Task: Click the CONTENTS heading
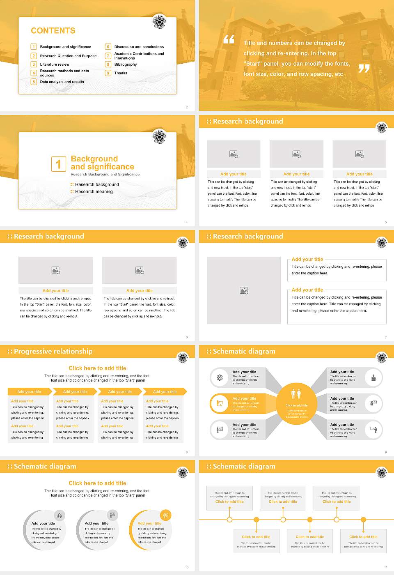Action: pyautogui.click(x=53, y=31)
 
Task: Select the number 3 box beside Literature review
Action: pyautogui.click(x=34, y=64)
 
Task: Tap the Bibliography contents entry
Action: pyautogui.click(x=126, y=64)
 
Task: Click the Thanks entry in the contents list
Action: pyautogui.click(x=121, y=73)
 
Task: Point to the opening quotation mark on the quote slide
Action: pyautogui.click(x=229, y=39)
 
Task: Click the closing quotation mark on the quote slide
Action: pyautogui.click(x=364, y=69)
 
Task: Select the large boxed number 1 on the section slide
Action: pyautogui.click(x=58, y=164)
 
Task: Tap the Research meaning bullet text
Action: pyautogui.click(x=94, y=192)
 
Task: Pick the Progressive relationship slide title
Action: pyautogui.click(x=53, y=352)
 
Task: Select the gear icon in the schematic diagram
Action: pyautogui.click(x=220, y=377)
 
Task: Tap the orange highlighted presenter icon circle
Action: pyautogui.click(x=220, y=404)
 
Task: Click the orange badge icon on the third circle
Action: pyautogui.click(x=165, y=515)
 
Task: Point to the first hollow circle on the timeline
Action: pyautogui.click(x=229, y=520)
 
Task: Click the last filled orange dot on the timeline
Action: pyautogui.click(x=363, y=520)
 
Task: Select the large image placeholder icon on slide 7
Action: pyautogui.click(x=244, y=290)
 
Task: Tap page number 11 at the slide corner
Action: pyautogui.click(x=385, y=567)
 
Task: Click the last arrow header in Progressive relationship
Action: pyautogui.click(x=165, y=392)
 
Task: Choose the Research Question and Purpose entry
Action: pyautogui.click(x=68, y=56)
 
